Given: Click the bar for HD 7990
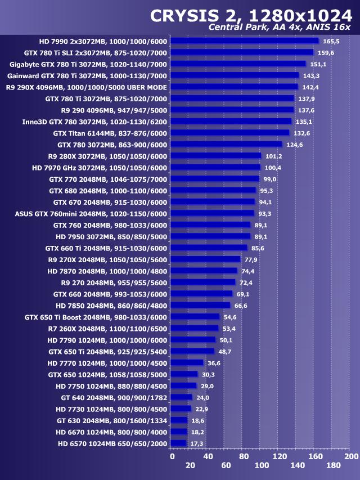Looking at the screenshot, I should click(244, 41).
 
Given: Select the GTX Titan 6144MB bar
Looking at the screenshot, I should click(229, 133).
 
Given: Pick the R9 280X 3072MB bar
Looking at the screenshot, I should click(215, 156).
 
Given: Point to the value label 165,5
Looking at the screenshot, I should click(331, 41).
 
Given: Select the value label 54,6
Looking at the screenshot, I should click(231, 317).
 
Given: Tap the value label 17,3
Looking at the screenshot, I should click(197, 443).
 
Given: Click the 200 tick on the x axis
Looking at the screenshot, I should click(350, 456).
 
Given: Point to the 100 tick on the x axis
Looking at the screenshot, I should click(261, 466).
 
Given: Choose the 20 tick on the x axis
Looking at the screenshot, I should click(190, 466).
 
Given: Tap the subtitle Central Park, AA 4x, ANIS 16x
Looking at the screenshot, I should click(280, 28).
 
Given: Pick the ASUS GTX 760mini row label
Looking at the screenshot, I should click(91, 213).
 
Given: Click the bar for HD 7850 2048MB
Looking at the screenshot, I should click(200, 306).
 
